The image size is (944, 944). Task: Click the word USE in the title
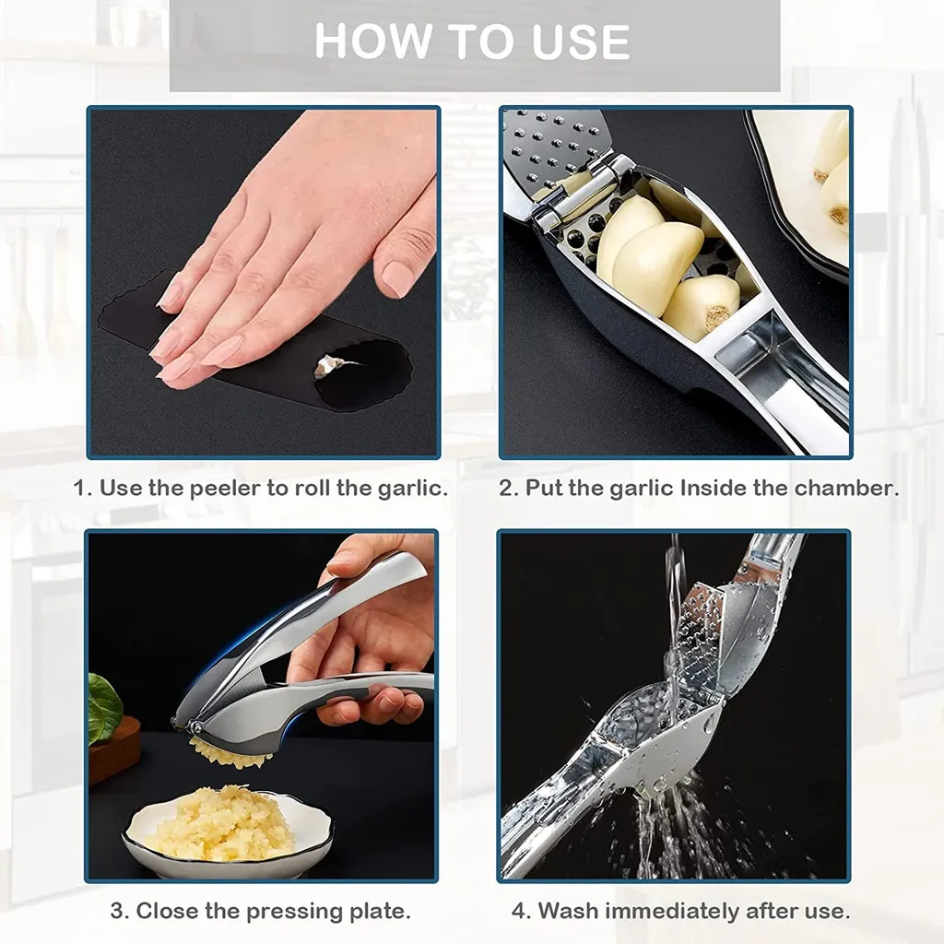[575, 41]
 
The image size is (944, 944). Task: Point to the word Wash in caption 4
[571, 912]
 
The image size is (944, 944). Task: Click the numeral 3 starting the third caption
[118, 912]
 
